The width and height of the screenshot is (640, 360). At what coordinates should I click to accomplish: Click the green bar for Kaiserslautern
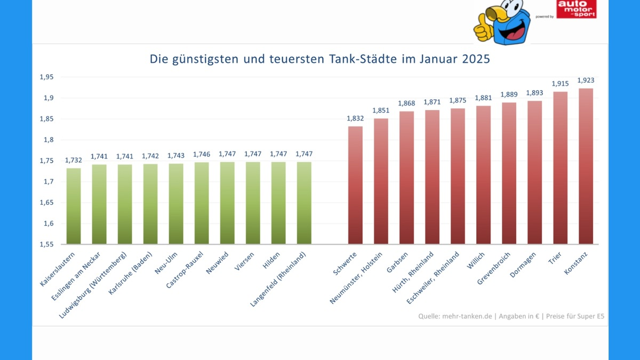click(x=74, y=206)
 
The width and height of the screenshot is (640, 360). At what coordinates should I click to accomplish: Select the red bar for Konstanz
click(x=586, y=166)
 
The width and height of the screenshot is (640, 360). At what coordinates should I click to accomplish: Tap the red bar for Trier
click(x=560, y=168)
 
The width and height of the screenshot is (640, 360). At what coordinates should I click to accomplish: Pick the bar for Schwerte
click(x=355, y=185)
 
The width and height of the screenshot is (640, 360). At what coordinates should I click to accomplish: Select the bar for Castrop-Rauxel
click(x=202, y=203)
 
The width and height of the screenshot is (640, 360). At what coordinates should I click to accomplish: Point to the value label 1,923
click(x=586, y=80)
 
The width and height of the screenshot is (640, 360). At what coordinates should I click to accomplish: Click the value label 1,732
click(x=74, y=160)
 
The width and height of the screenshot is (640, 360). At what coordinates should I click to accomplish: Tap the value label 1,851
click(x=381, y=110)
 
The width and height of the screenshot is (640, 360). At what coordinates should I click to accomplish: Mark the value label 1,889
click(x=509, y=94)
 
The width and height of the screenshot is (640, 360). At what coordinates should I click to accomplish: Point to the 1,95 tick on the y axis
click(x=46, y=77)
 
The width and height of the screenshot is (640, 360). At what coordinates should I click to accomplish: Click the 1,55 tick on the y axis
click(x=46, y=244)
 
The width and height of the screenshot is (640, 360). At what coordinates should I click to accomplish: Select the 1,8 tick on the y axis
click(x=49, y=140)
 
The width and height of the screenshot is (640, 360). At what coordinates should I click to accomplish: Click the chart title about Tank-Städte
click(x=319, y=59)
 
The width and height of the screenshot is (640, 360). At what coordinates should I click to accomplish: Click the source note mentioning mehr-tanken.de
click(x=511, y=316)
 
